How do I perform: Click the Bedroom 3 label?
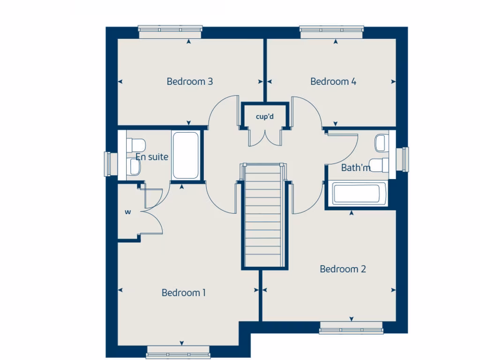(190, 82)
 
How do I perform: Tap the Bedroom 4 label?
(333, 82)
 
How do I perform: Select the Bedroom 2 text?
(343, 269)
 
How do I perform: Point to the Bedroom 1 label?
(184, 293)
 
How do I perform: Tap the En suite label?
(152, 157)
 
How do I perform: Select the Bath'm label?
(356, 167)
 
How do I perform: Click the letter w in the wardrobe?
(127, 212)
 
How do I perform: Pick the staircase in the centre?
(263, 216)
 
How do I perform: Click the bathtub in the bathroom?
(359, 194)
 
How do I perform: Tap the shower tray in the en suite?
(186, 156)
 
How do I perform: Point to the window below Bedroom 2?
(351, 329)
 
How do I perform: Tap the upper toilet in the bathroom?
(382, 142)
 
